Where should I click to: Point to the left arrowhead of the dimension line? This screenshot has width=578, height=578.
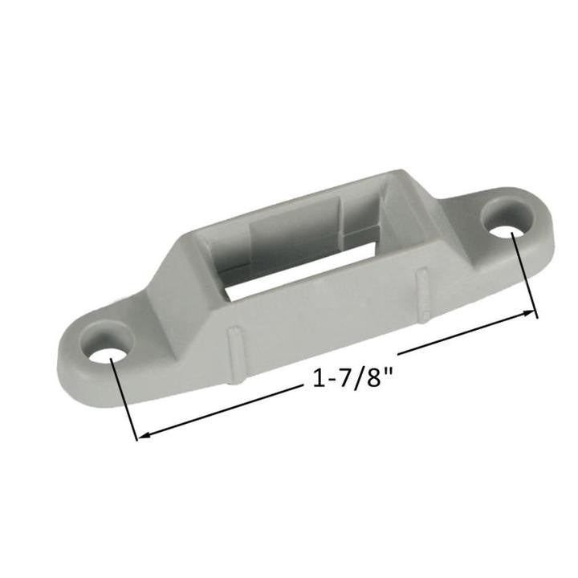pos(144,436)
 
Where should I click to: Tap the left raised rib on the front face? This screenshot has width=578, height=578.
pos(234,352)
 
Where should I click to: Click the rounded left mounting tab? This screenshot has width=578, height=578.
pos(88,353)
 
